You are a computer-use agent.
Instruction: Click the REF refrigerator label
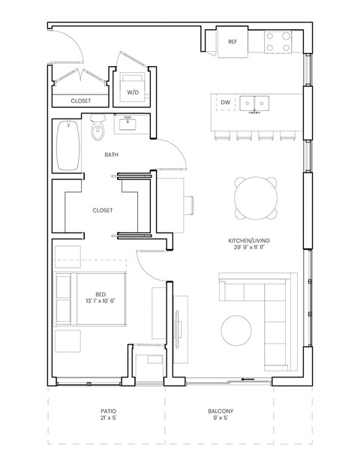[232, 42]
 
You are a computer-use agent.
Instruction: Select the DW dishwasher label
[225, 102]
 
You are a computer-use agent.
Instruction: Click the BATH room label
[112, 155]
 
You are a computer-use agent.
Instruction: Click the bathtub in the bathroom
[67, 147]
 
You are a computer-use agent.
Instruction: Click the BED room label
[100, 295]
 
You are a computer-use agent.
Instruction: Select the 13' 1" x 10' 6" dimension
[100, 302]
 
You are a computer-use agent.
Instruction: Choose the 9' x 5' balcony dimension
[220, 419]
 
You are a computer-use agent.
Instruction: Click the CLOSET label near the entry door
[81, 101]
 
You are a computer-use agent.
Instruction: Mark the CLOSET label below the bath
[102, 211]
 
